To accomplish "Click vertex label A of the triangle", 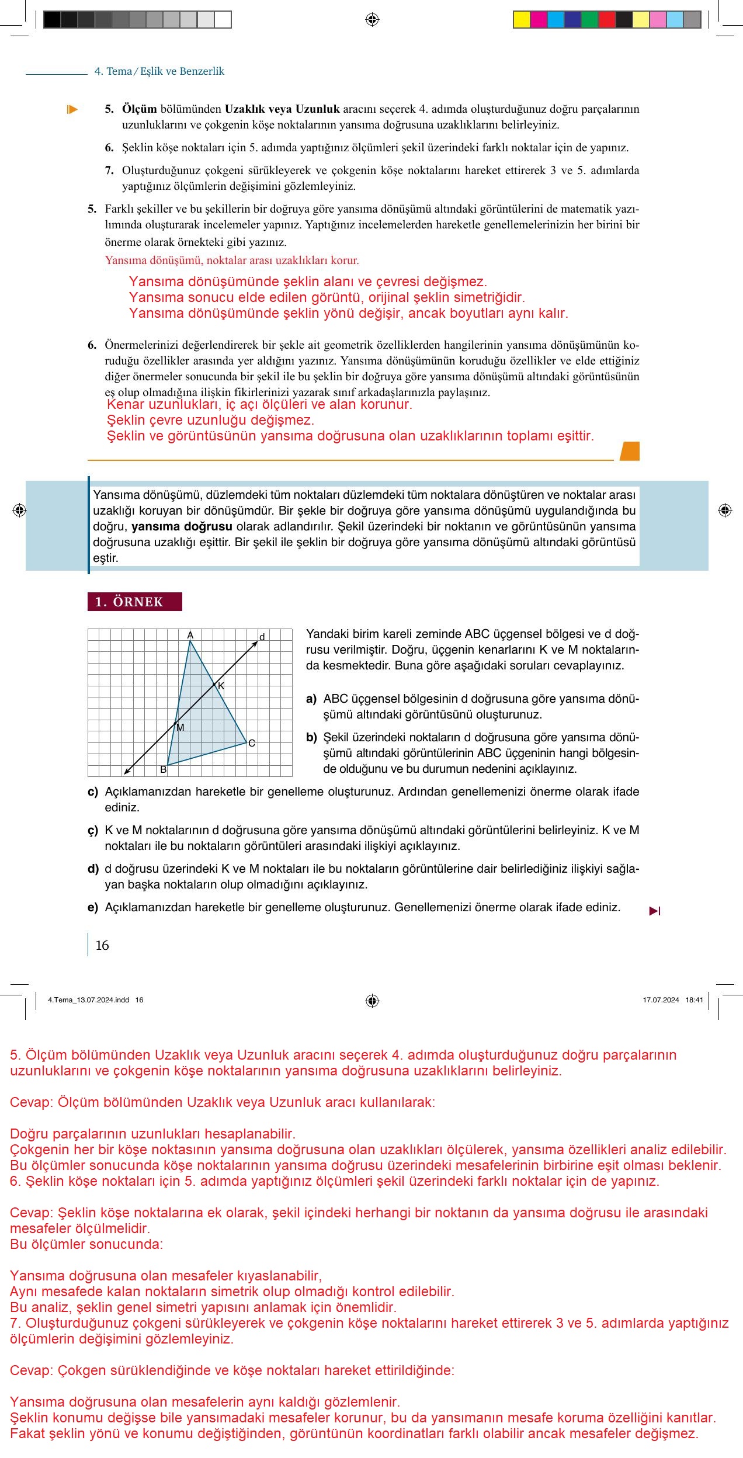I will click(x=190, y=635).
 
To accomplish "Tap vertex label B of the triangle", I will click(x=164, y=770).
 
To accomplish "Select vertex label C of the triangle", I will click(x=252, y=744).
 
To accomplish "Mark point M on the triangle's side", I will click(x=176, y=725).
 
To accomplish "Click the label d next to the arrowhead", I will click(x=262, y=637).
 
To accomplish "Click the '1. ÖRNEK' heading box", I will click(x=135, y=602).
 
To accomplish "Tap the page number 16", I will click(x=102, y=945).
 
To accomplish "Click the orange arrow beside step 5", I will click(x=72, y=109).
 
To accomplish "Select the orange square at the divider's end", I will click(x=630, y=451).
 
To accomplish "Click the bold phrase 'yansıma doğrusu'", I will click(x=182, y=526).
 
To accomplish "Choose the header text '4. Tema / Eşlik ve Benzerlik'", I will click(x=159, y=71).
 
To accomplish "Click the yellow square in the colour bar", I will click(x=521, y=20).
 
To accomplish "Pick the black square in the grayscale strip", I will click(x=52, y=20).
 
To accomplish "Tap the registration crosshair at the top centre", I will click(x=372, y=20).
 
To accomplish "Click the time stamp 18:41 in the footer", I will click(x=694, y=1000).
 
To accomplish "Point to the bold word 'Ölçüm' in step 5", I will click(x=140, y=109).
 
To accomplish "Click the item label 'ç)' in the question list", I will click(x=93, y=830).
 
